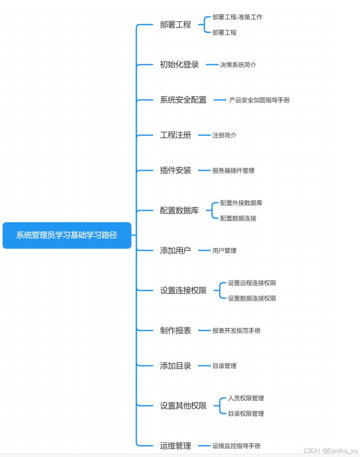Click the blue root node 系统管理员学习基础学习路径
(67, 235)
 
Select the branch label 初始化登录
(179, 65)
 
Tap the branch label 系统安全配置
(183, 100)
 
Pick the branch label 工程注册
(175, 135)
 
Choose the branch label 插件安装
(175, 170)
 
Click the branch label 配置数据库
(179, 210)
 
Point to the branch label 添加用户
(175, 250)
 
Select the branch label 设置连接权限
(183, 290)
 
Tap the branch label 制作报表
(175, 330)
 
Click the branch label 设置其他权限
(183, 405)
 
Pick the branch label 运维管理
(175, 446)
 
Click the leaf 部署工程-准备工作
(237, 17)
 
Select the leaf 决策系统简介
(238, 65)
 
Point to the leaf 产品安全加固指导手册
(259, 100)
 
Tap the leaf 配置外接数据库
(241, 203)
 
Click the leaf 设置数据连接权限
(252, 298)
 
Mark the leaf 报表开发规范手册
(236, 330)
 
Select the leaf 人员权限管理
(246, 398)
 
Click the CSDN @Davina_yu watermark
(330, 451)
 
